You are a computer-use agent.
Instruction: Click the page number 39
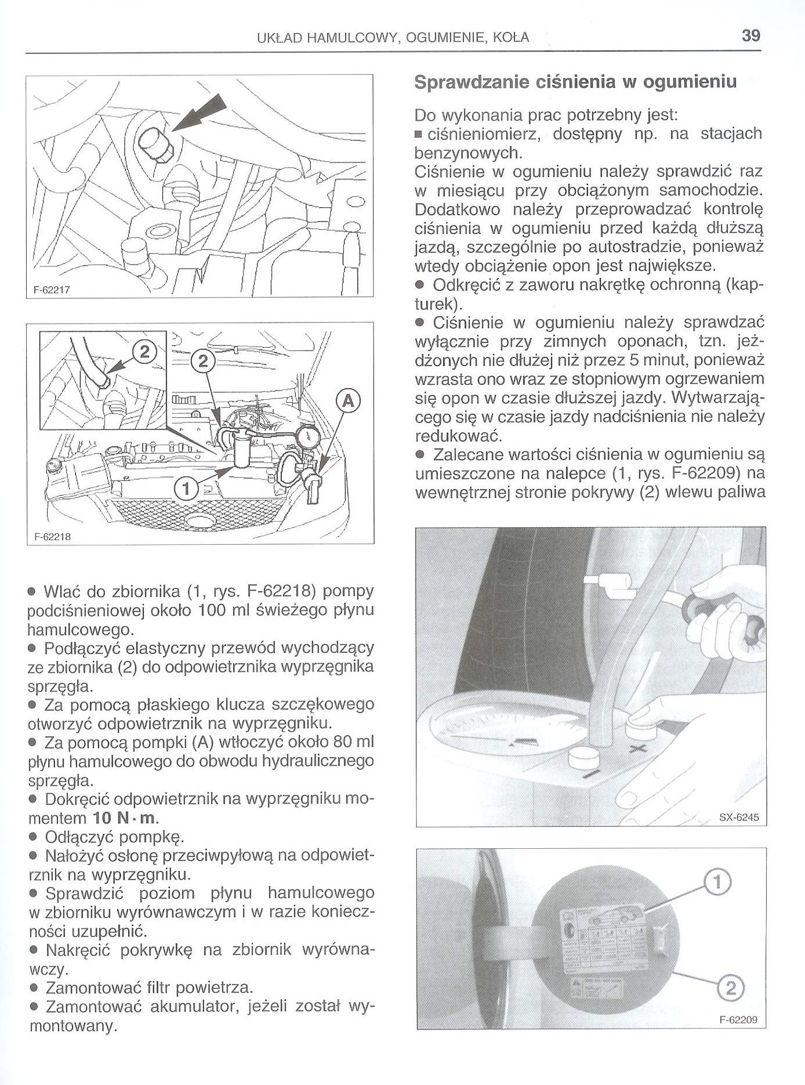coord(750,36)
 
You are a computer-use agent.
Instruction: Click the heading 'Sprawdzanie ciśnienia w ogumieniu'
coord(575,82)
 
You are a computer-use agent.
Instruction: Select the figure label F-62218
coord(51,537)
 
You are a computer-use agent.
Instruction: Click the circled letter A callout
coord(348,400)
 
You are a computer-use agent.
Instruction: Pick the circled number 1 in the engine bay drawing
coord(186,490)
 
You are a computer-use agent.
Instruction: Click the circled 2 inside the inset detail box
coord(145,352)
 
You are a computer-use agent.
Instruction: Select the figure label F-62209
coord(738,1020)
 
